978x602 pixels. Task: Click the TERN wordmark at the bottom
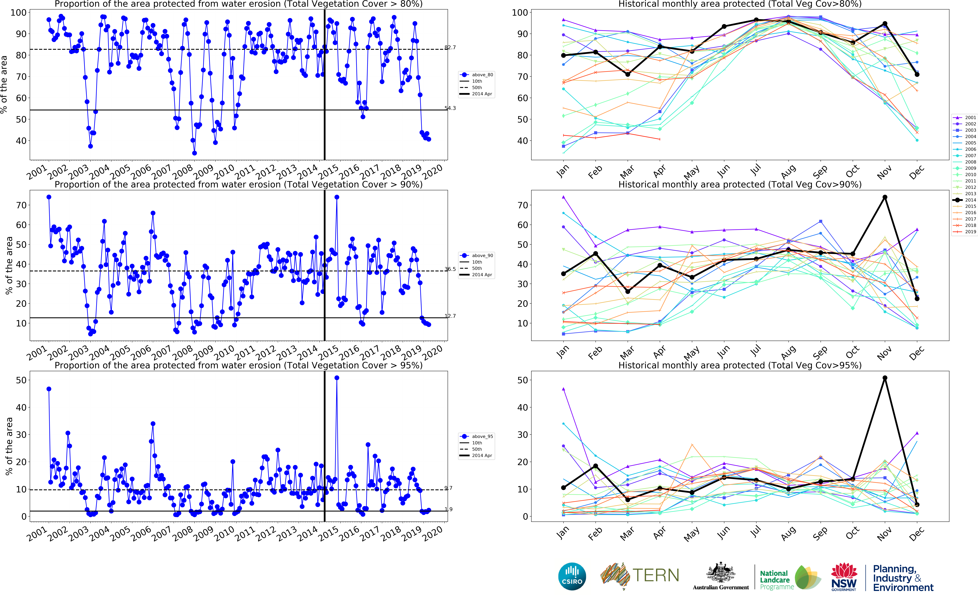pos(655,575)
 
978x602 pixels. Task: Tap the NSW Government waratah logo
pos(844,576)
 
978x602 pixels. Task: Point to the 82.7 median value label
pos(450,47)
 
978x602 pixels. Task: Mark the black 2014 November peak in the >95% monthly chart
pos(885,378)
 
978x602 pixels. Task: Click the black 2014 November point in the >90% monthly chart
pos(885,197)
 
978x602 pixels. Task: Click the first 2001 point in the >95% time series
pos(49,389)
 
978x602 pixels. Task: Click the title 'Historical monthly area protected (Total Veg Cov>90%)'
pos(740,184)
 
